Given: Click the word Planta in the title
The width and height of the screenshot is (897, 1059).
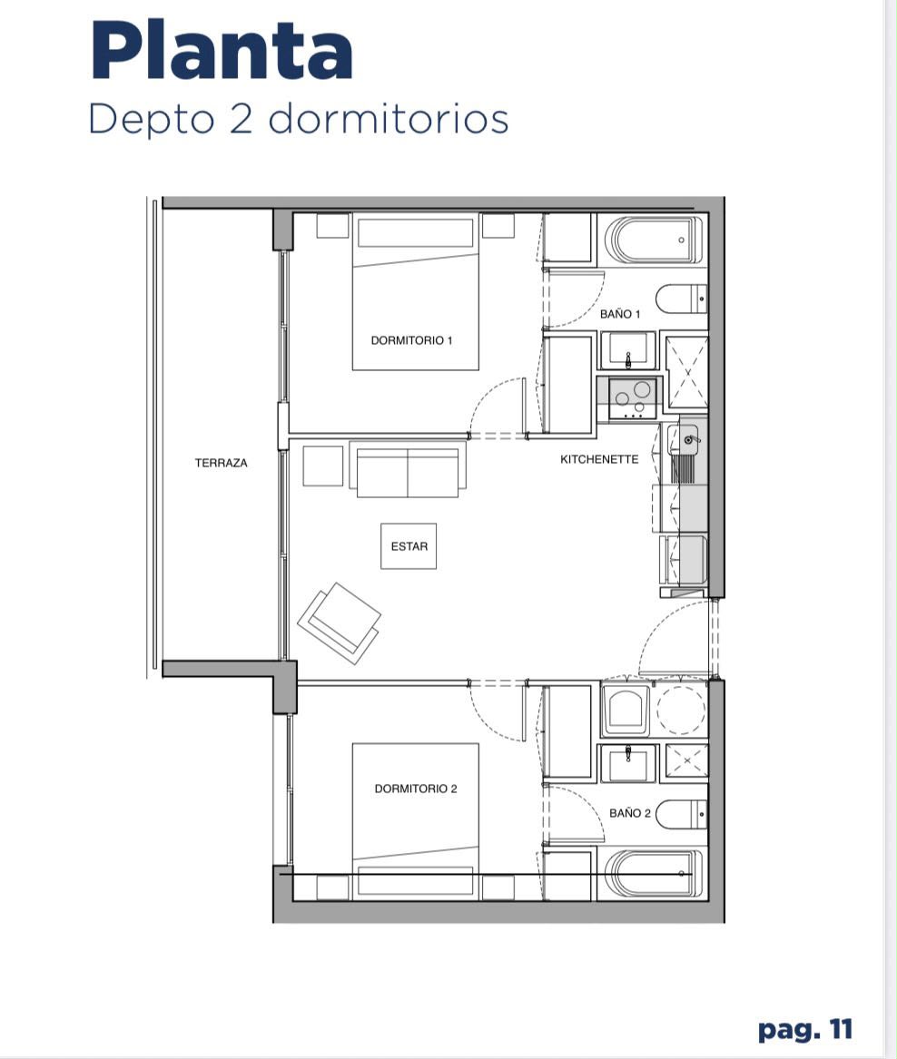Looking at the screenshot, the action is [221, 52].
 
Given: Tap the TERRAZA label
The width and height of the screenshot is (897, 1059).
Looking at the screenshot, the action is [221, 463].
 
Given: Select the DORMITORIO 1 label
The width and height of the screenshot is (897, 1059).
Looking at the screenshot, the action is [411, 340].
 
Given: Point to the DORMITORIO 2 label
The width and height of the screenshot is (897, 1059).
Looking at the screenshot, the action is [416, 789].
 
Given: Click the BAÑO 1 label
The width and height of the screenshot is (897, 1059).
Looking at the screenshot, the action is [620, 314].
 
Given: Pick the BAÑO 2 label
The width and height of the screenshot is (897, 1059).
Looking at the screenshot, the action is [630, 813].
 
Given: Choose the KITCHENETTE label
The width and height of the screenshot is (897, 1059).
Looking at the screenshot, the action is [599, 459].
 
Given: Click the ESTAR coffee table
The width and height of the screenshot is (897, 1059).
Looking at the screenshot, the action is [409, 545].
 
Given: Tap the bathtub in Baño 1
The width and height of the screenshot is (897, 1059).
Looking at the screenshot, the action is [654, 240].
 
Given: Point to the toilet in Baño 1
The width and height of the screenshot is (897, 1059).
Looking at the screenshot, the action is [681, 299].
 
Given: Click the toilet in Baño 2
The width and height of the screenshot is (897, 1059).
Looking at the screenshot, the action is [681, 815].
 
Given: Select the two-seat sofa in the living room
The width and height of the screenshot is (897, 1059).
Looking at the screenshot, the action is [408, 469].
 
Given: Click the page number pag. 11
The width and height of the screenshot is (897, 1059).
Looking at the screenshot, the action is [805, 1030].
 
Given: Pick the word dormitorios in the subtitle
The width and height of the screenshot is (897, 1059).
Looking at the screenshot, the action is [388, 119].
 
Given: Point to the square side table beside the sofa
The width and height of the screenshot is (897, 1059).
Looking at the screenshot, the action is [323, 466].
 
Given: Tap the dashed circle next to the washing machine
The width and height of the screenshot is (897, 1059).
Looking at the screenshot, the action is [682, 709].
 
